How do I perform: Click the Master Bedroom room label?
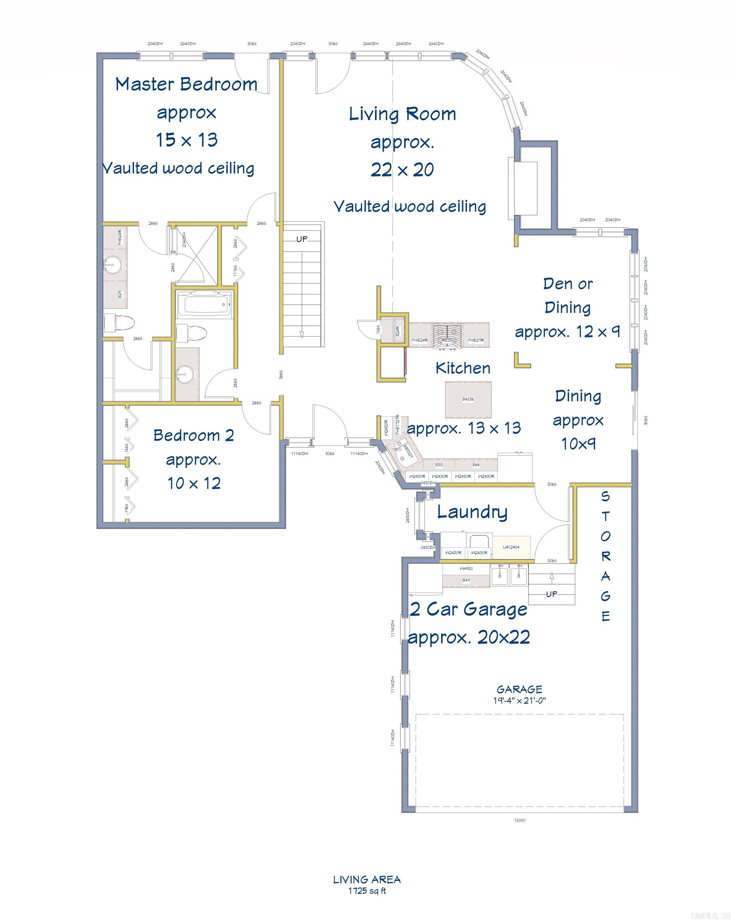coord(186,84)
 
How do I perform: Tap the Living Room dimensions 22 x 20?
coord(402,170)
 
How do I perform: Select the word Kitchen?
coord(463,368)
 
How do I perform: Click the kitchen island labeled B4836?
coord(468,399)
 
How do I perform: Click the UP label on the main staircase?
coord(302,239)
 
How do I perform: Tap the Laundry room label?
coord(472,512)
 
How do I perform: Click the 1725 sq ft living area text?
coord(366,890)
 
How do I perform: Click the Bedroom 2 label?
coord(193,436)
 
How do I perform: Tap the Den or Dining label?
coord(567,295)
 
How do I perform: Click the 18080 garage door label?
coord(519,820)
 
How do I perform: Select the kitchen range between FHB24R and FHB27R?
coord(447,336)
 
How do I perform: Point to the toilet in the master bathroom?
coord(119,323)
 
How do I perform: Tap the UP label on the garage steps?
coord(551,594)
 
